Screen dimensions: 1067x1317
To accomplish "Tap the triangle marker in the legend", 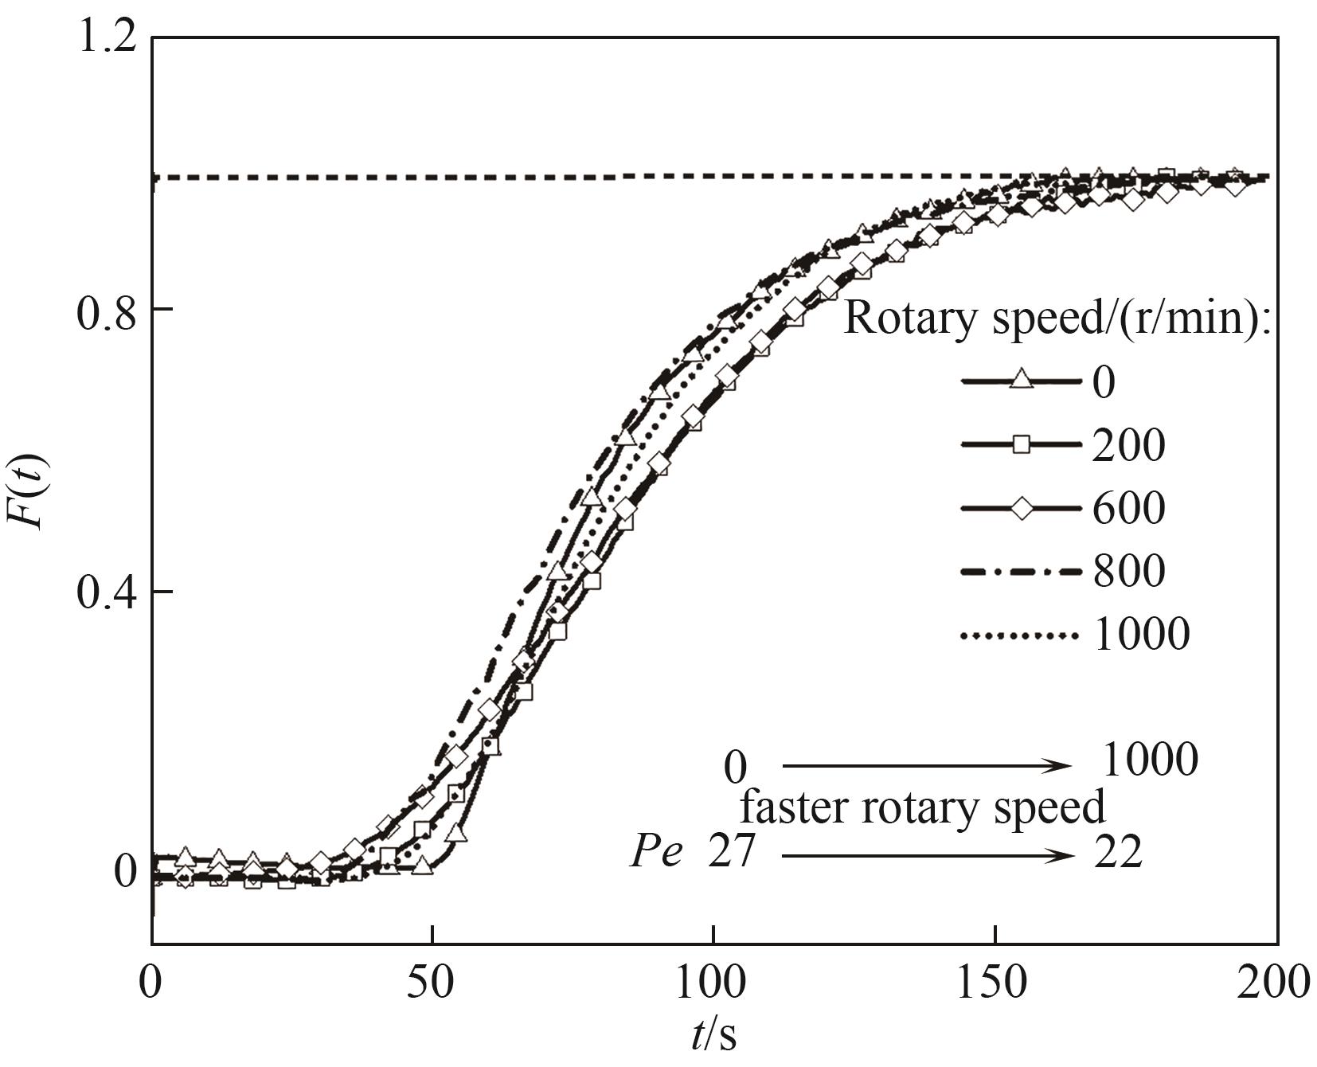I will (1021, 381).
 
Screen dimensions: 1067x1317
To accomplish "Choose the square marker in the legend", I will (1021, 444).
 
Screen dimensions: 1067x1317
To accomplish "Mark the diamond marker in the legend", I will (1021, 507).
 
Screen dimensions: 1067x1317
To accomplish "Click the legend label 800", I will (1129, 571).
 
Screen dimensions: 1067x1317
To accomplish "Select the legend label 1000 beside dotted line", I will (1142, 635).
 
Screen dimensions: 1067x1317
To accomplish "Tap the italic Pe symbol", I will (657, 854).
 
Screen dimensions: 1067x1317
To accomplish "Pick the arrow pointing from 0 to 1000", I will (928, 766).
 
